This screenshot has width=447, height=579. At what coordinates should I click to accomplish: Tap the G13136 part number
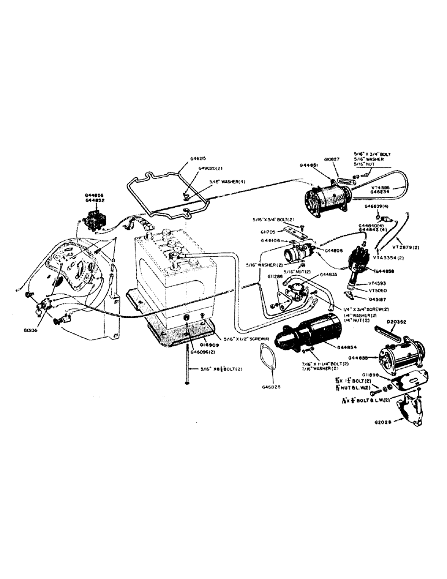31,331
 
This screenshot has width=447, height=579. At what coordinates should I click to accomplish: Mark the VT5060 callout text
376,291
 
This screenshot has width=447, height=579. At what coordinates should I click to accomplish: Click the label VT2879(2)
411,247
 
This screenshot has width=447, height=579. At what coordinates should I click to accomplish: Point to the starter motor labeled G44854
307,335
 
